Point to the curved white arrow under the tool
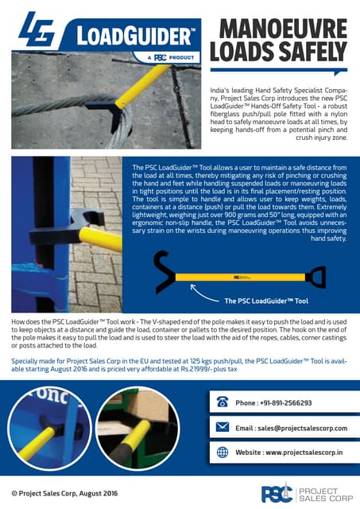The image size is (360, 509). click(192, 296)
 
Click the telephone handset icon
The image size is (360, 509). click(223, 402)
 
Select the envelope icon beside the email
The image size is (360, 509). click(223, 427)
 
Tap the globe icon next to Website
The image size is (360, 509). click(223, 452)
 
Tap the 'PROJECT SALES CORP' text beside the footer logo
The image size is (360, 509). click(323, 493)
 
